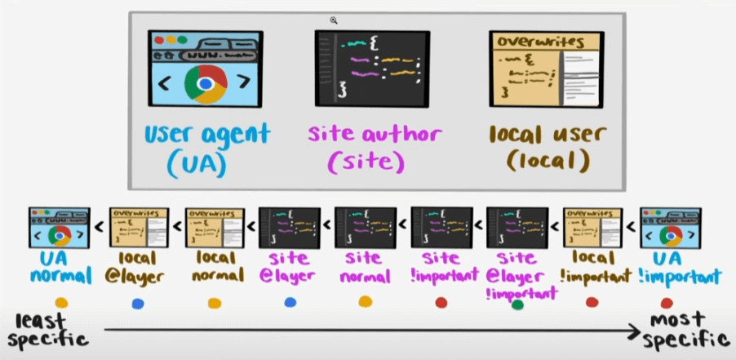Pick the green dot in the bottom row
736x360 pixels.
[516, 304]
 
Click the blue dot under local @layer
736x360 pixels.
[137, 304]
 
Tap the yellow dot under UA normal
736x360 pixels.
[60, 303]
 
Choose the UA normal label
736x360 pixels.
[59, 268]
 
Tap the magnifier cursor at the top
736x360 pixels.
[334, 21]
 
